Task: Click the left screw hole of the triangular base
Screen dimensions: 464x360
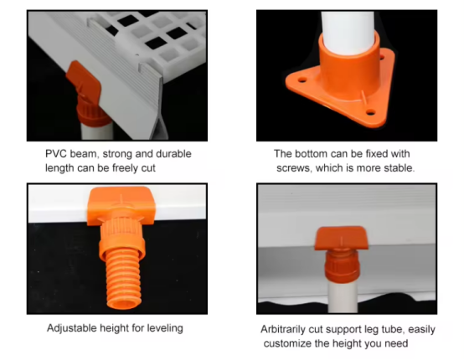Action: (x=302, y=80)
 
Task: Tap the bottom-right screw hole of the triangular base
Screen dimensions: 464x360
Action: (x=370, y=112)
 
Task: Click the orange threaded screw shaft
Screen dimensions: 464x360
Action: (x=123, y=281)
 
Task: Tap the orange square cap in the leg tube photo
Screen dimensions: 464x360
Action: (x=341, y=238)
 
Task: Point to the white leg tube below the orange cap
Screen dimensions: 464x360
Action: (x=343, y=297)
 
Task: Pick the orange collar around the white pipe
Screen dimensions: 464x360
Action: (x=348, y=68)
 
